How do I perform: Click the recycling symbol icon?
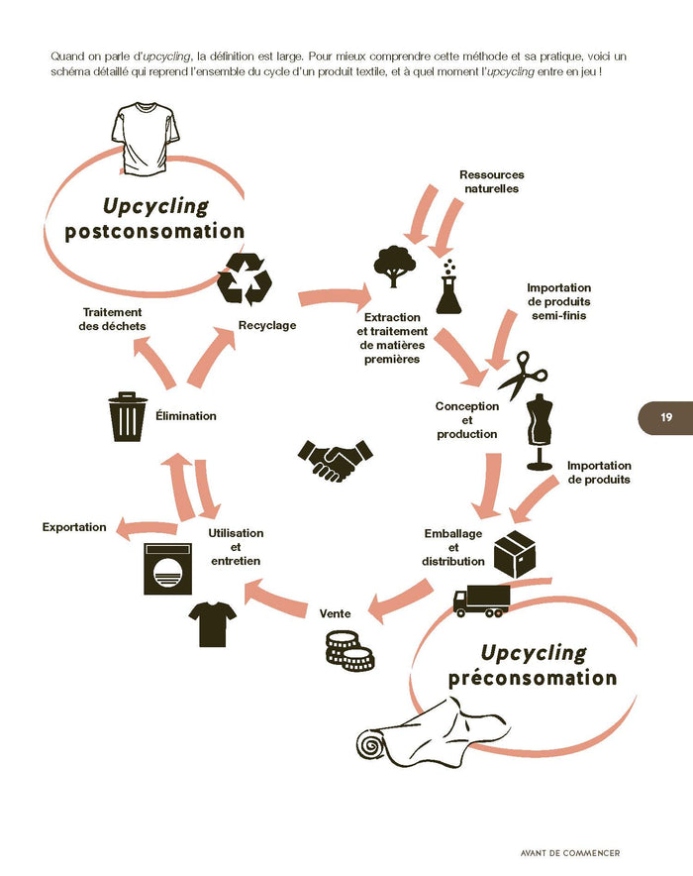click(x=244, y=278)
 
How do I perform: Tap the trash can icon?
click(x=129, y=416)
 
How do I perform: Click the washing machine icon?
click(x=168, y=569)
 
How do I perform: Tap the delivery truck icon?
click(x=481, y=600)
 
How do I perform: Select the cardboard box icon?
click(x=514, y=553)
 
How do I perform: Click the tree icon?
click(x=394, y=266)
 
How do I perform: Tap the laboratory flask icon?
click(x=449, y=288)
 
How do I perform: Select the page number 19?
click(x=665, y=417)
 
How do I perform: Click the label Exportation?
click(x=74, y=527)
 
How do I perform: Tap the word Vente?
click(x=335, y=613)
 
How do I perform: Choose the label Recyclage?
click(x=267, y=325)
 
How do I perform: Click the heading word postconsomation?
click(x=154, y=232)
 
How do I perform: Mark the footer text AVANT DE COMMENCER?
click(x=570, y=851)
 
